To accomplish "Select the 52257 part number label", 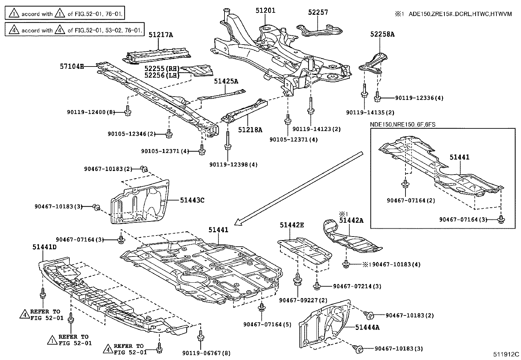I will pyautogui.click(x=317, y=12).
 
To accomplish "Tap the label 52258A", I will pyautogui.click(x=382, y=34).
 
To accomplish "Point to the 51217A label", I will pyautogui.click(x=161, y=34).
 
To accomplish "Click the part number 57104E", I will pyautogui.click(x=72, y=66).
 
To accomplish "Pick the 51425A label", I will pyautogui.click(x=226, y=81).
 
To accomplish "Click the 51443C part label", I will pyautogui.click(x=192, y=199).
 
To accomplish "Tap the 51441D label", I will pyautogui.click(x=45, y=247).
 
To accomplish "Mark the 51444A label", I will pyautogui.click(x=368, y=327).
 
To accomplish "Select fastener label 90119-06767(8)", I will pyautogui.click(x=207, y=353).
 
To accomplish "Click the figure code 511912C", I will pyautogui.click(x=506, y=354).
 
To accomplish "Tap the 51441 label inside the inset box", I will pyautogui.click(x=459, y=157).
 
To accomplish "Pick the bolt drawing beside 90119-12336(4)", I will pyautogui.click(x=377, y=96).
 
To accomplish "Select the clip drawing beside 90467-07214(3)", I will pyautogui.click(x=316, y=286).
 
